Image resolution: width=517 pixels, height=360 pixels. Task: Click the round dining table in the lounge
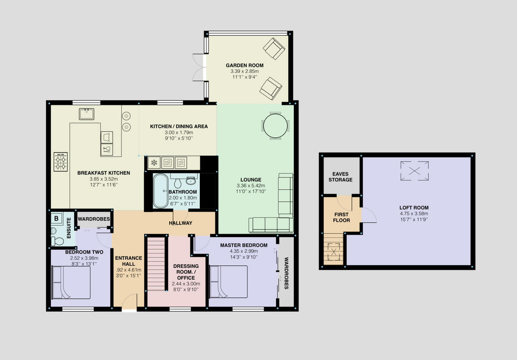274,125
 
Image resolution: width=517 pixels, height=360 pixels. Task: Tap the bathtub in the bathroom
162,191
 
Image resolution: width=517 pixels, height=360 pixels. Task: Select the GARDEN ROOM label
244,66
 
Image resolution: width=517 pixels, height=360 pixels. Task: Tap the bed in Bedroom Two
71,283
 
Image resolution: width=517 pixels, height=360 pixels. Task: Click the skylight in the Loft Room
415,170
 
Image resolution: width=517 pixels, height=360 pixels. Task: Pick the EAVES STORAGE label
341,177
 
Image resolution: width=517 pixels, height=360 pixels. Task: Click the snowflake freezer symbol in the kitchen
153,163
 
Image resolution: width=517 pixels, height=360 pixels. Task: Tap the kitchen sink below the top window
86,114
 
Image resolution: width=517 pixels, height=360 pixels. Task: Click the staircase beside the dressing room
157,263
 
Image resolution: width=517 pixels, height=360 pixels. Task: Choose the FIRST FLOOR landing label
341,217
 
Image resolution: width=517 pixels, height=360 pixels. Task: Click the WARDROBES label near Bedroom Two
93,219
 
